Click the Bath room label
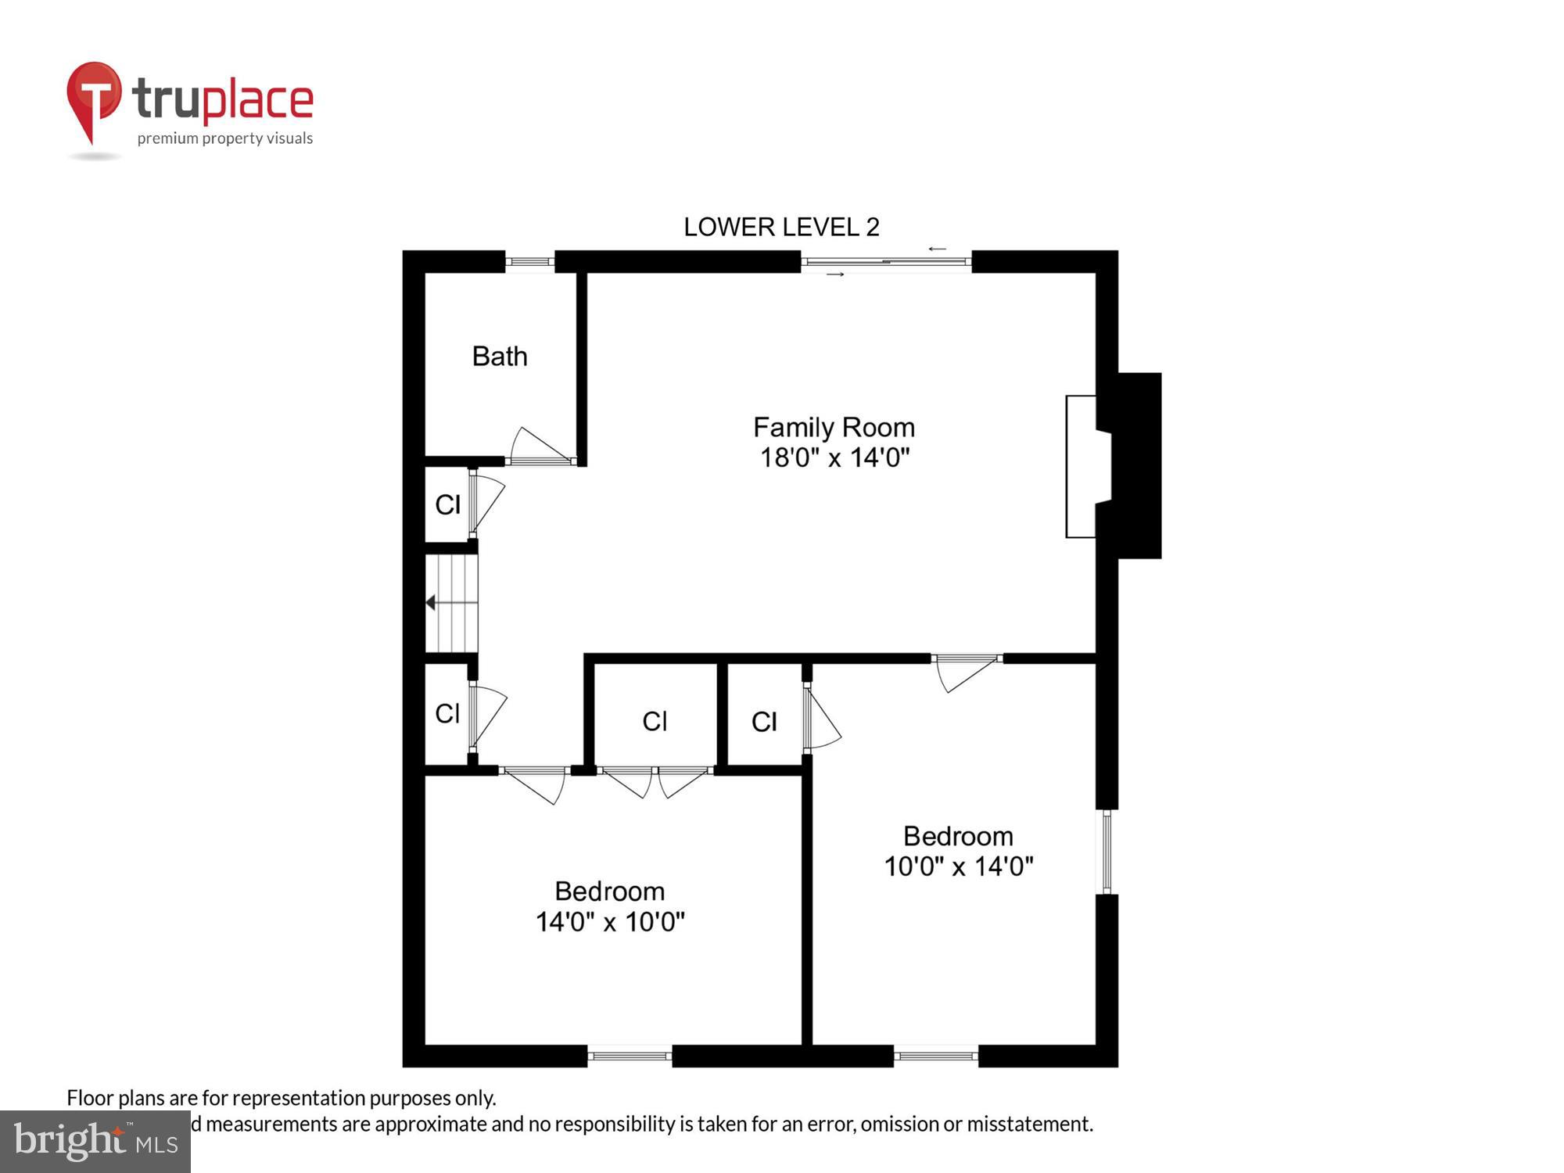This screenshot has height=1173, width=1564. pos(500,357)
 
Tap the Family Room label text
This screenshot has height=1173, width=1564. pos(834,428)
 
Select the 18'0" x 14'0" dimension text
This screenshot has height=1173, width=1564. pos(834,457)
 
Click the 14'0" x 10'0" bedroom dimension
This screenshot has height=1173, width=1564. pos(610,922)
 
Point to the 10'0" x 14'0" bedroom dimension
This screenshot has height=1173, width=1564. pos(959,866)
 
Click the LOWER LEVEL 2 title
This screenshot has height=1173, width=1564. pos(781,228)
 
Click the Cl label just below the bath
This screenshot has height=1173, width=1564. pos(447,505)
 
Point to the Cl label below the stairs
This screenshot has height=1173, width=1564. pos(447,714)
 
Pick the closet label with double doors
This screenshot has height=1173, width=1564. pos(655,721)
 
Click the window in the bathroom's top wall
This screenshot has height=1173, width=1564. pos(529,262)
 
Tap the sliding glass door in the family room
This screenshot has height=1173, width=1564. pos(886,262)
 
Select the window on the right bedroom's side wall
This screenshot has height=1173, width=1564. pos(1107,852)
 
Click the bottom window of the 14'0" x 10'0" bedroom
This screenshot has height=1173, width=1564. pos(630,1056)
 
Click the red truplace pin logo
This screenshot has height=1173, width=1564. pos(94,102)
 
